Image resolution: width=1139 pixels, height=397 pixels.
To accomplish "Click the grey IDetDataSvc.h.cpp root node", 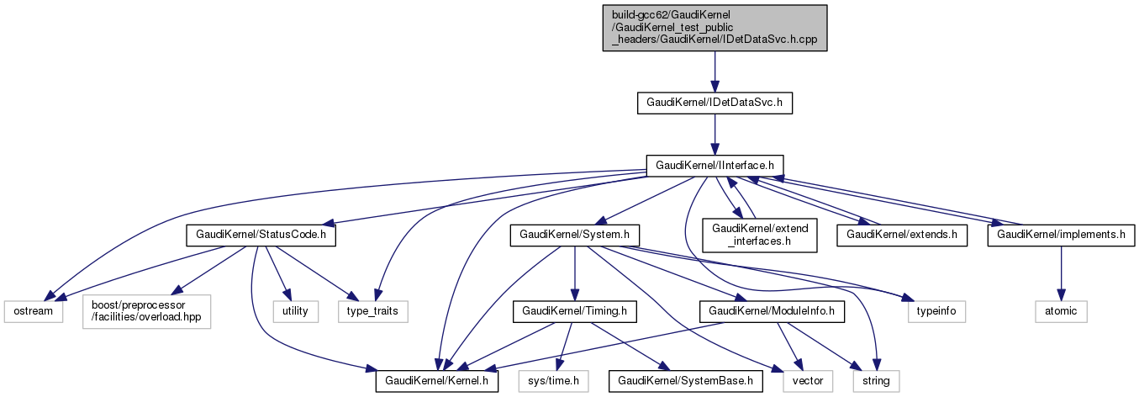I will coord(715,29).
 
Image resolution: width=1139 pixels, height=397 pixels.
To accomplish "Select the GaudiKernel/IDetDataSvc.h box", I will coord(715,103).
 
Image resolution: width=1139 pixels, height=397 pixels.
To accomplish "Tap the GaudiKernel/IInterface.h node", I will coord(715,164).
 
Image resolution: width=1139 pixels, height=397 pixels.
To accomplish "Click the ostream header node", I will coord(33,311).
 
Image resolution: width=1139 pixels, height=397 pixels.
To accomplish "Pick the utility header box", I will coord(296,311).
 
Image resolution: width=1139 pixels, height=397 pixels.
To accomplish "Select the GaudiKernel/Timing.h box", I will coord(574,311).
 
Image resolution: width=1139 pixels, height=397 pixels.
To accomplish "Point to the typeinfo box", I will coord(936,311).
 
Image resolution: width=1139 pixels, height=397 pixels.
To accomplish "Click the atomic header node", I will coord(1060,311).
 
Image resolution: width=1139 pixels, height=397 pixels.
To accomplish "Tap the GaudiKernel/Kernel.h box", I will coord(437,382).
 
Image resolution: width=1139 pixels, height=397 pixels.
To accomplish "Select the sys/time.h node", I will coord(554,382).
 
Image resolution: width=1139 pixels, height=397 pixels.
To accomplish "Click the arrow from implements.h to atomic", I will coord(1060,273).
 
